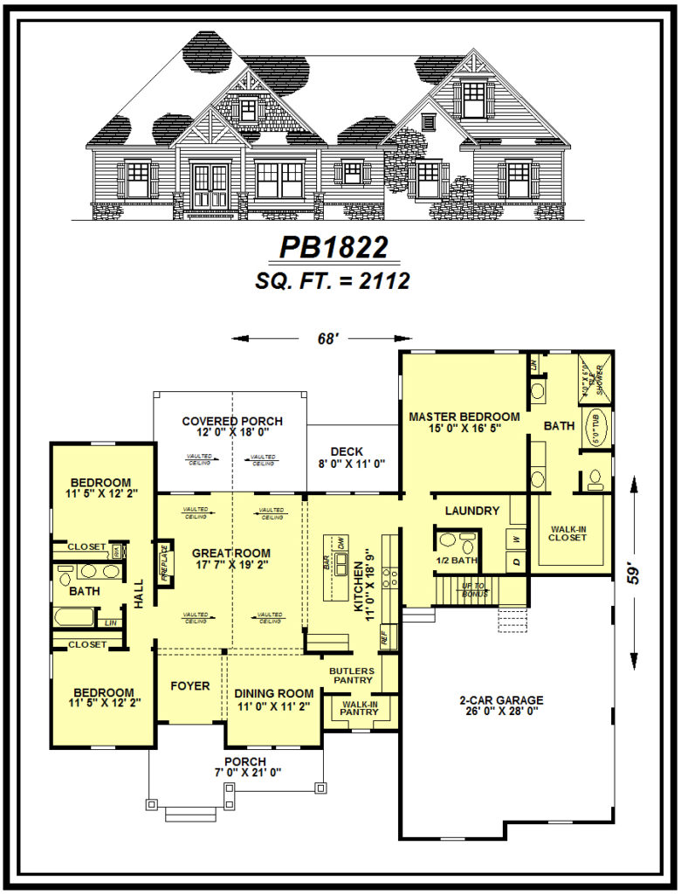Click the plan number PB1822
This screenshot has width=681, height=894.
333,248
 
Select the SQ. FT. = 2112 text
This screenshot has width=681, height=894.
333,280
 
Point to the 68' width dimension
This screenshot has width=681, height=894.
327,339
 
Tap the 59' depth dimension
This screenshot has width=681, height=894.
635,572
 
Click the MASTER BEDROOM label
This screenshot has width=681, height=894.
464,417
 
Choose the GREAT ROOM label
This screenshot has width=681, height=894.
231,553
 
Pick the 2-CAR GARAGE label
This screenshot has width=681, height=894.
501,700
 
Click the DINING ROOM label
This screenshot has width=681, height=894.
273,695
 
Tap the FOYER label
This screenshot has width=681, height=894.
189,686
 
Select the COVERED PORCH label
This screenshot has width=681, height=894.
231,422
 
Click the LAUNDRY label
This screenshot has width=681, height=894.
472,511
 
